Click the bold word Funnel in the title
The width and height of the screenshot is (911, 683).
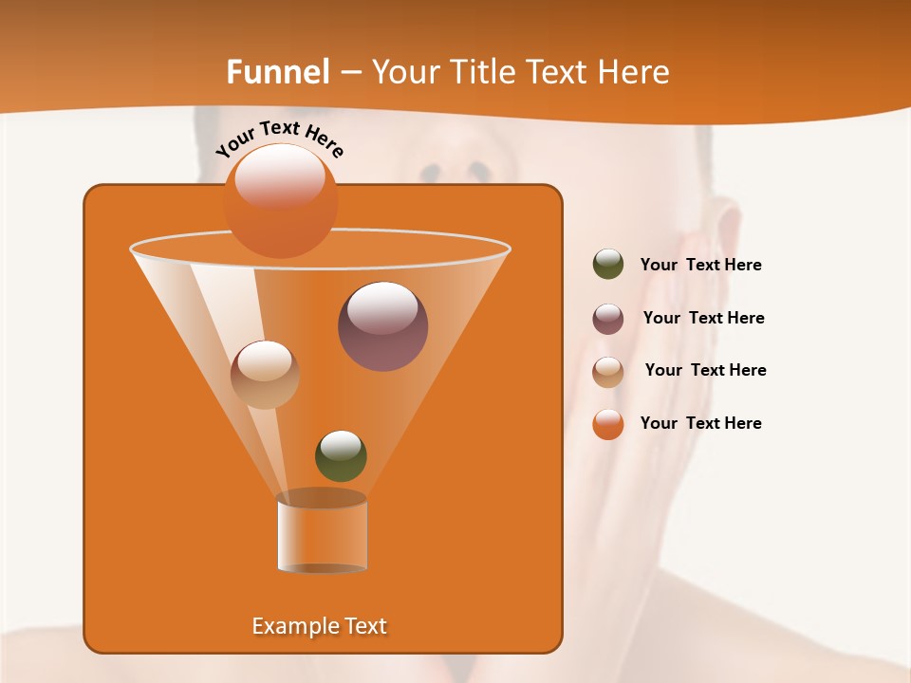(x=277, y=71)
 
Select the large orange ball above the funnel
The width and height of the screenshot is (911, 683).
(x=280, y=200)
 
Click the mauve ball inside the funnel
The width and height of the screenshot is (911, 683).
(x=382, y=326)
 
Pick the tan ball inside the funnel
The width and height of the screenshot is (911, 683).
(x=265, y=374)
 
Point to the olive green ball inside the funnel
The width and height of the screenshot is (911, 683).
(x=341, y=455)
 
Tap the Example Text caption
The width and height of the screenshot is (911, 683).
(x=319, y=626)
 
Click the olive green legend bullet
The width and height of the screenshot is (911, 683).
(x=608, y=265)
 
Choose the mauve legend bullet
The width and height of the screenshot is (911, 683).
(x=608, y=319)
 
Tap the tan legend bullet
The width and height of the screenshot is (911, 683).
(x=608, y=372)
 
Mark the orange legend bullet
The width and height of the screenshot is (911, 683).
(x=608, y=424)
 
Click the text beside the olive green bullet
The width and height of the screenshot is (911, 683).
(x=700, y=266)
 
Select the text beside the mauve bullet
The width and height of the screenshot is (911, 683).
(x=703, y=318)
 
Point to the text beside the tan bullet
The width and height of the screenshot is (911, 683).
(x=705, y=370)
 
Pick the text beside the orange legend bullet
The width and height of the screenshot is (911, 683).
(x=700, y=423)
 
